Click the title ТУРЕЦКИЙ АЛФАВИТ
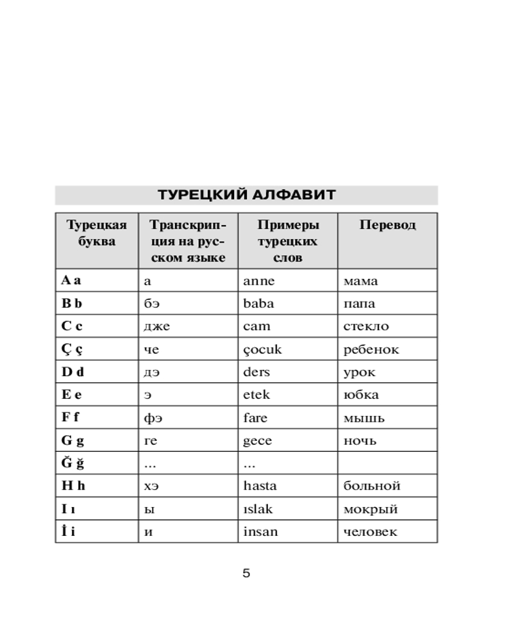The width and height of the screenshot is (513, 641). tap(246, 195)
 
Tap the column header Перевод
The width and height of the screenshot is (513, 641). tap(387, 225)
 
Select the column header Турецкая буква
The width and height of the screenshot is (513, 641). tap(97, 233)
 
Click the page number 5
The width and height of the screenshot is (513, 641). tap(246, 573)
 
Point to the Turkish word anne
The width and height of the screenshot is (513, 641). tap(259, 281)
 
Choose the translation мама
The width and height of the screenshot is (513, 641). tap(360, 281)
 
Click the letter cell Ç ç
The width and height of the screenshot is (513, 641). tap(72, 349)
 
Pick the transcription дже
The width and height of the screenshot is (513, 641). tap(157, 326)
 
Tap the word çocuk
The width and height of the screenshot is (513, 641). tap(262, 349)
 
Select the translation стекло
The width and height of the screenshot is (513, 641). tap(366, 326)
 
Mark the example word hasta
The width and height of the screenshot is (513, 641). tap(260, 486)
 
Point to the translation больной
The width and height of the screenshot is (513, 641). tap(372, 486)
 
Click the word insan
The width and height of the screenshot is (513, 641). tap(260, 531)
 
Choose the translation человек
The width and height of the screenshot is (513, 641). tap(371, 531)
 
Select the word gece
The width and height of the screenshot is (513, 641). tap(258, 440)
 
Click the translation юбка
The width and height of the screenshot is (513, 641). tap(361, 395)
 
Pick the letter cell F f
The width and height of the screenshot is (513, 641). tap(71, 417)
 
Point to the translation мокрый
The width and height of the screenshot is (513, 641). tap(371, 509)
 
